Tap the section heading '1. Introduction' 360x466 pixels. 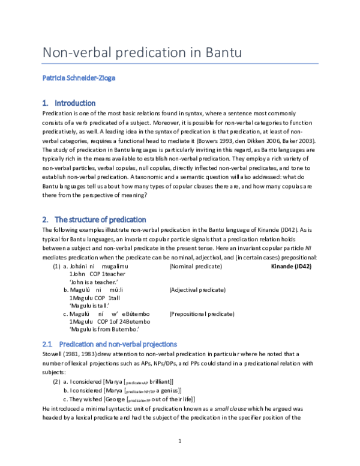click(x=69, y=103)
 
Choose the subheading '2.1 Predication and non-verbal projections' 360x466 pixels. click(x=109, y=344)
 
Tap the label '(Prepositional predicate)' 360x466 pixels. click(x=200, y=313)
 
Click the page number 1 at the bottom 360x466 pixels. click(x=180, y=441)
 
